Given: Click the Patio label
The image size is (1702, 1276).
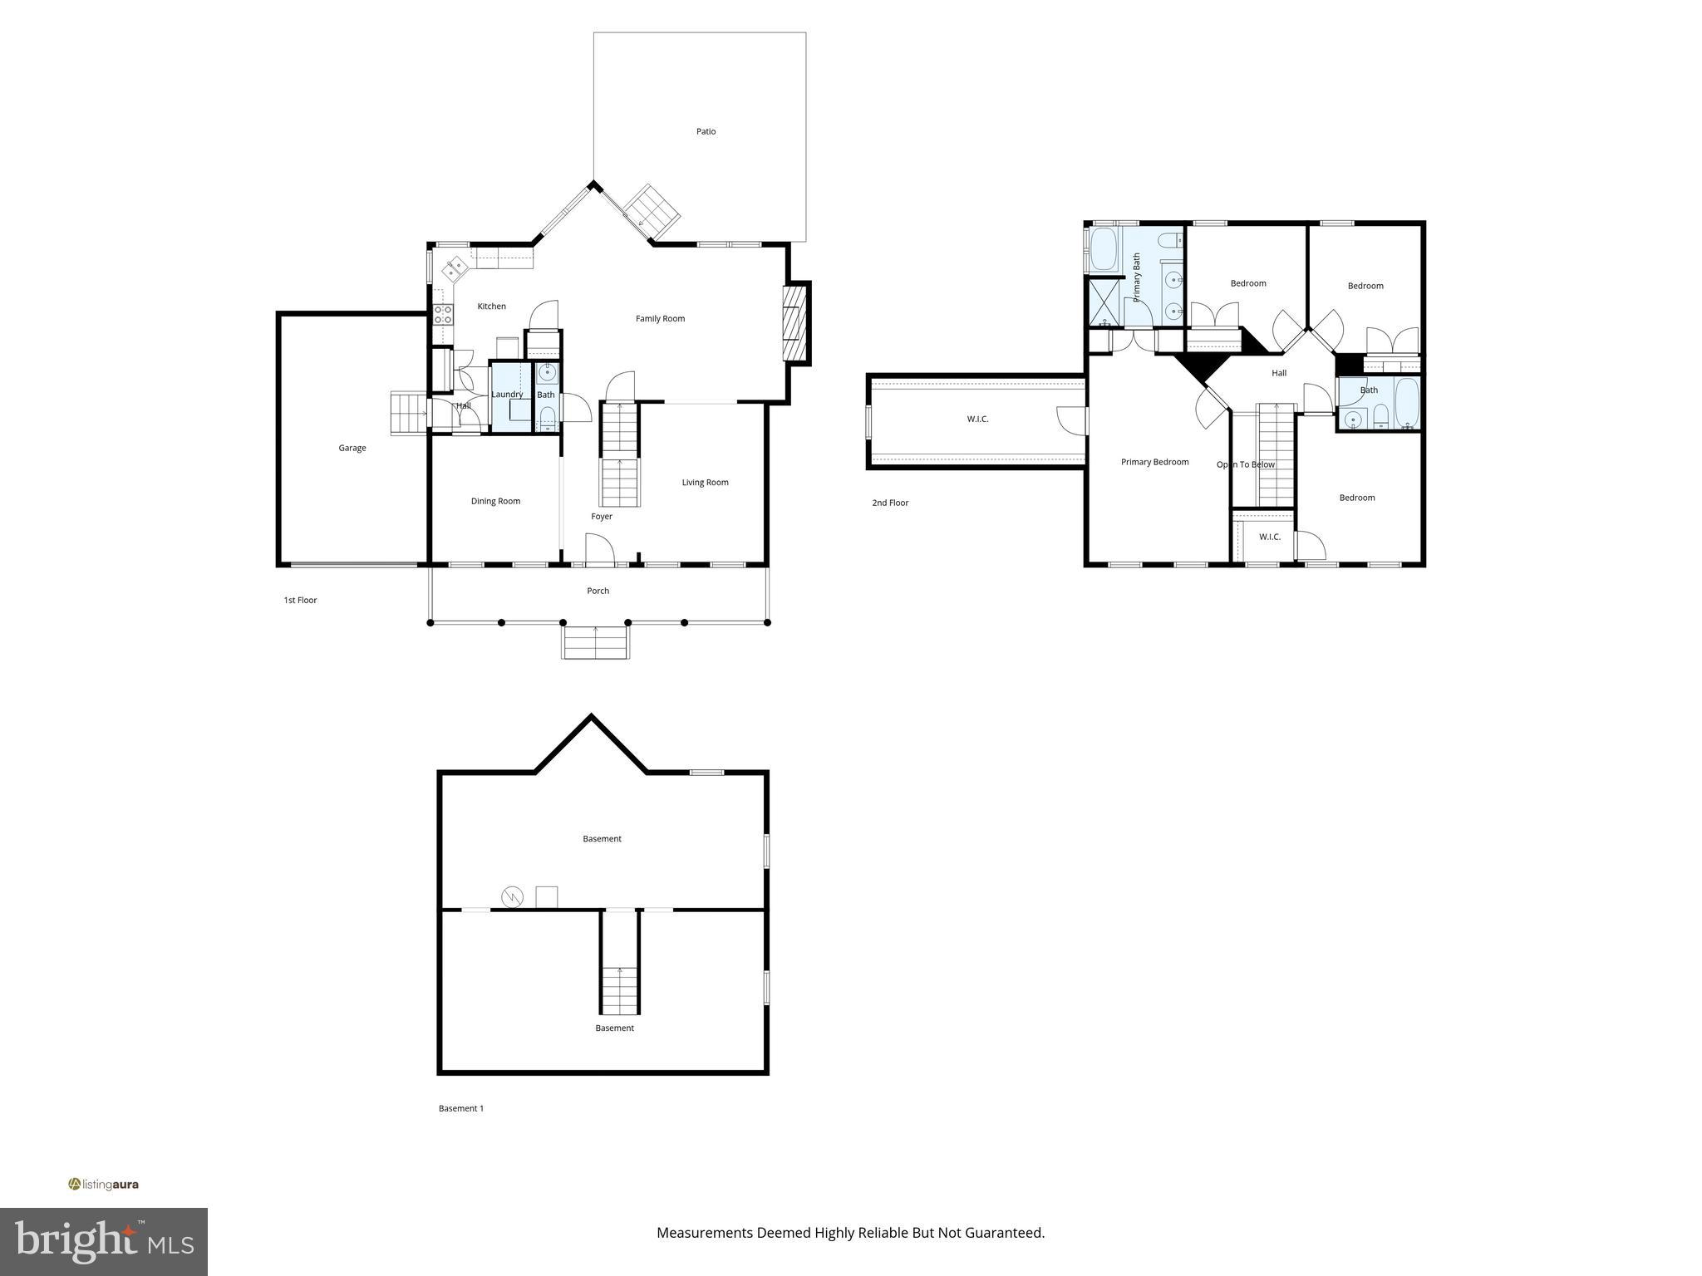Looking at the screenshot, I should click(x=706, y=131).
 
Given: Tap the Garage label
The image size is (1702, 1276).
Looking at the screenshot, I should click(x=352, y=448).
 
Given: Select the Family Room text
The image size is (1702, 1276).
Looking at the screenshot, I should click(x=660, y=318).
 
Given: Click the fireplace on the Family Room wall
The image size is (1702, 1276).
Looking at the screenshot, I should click(x=796, y=324).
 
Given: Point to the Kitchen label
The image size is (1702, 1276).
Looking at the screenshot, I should click(x=491, y=307).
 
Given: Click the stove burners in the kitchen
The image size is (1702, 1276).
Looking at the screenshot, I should click(x=443, y=314).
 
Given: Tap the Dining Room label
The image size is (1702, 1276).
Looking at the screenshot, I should click(x=495, y=501).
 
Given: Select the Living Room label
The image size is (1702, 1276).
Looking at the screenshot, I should click(x=705, y=482).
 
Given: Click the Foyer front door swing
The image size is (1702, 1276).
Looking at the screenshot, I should click(x=599, y=549).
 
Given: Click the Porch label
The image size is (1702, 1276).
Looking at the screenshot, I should click(x=598, y=591).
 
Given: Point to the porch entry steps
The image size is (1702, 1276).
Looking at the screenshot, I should click(x=595, y=642).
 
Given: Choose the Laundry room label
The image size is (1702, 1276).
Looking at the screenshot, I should click(x=507, y=395).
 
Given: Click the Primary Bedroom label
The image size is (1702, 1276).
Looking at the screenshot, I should click(x=1154, y=462).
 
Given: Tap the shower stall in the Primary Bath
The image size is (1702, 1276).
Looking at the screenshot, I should click(x=1104, y=302).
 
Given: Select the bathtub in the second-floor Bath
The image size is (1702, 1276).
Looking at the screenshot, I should click(x=1406, y=404).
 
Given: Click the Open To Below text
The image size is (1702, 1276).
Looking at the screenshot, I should click(x=1245, y=464).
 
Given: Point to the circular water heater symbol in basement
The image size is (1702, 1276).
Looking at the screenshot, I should click(x=512, y=896).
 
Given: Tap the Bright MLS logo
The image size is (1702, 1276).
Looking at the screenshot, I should click(x=104, y=1241).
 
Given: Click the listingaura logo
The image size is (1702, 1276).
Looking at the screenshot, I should click(x=104, y=1185).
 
